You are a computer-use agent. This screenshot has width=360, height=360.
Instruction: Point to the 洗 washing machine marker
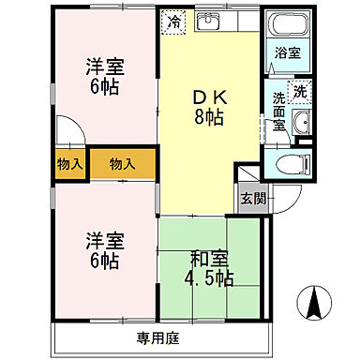[299, 92]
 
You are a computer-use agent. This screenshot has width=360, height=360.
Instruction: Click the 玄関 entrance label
[251, 200]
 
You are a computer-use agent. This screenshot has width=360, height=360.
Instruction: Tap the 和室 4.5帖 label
[209, 269]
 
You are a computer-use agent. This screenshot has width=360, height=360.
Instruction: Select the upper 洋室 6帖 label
[105, 75]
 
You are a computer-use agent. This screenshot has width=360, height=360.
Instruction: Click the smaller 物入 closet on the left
[69, 164]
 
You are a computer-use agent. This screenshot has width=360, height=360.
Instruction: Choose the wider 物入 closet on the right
[123, 164]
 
